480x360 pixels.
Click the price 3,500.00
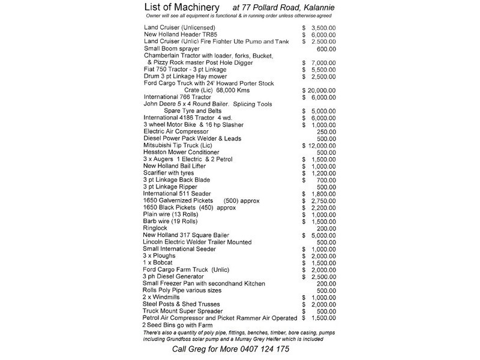coord(328,28)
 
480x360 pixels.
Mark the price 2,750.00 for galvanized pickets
coord(328,200)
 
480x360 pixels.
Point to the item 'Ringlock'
coord(157,228)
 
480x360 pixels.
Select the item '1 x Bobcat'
coord(160,263)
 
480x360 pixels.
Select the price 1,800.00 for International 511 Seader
coord(328,194)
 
